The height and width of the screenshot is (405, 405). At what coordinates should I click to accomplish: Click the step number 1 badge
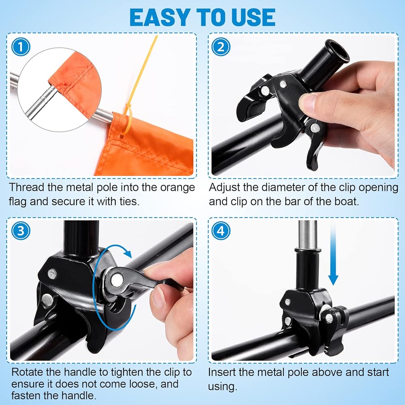pos(21,47)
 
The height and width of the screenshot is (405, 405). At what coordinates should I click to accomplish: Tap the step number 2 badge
pos(221,47)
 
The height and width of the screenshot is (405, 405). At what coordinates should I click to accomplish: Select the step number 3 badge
pos(21,230)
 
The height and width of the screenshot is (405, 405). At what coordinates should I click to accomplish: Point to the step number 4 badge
pos(221,230)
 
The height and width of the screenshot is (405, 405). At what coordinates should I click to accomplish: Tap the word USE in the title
pos(254,17)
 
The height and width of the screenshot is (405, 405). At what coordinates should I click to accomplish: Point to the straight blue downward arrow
pos(333,254)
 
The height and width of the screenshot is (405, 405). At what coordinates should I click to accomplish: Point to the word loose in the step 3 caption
pos(143,384)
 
